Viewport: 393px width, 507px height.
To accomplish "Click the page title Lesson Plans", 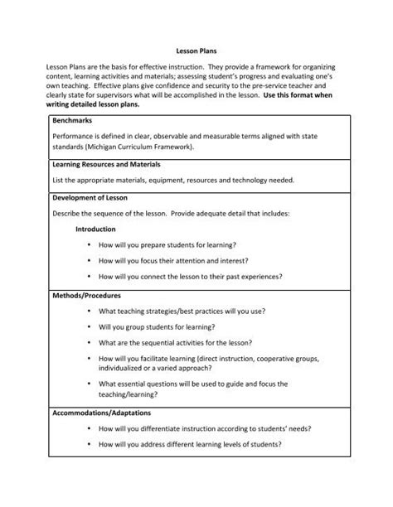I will (196, 50).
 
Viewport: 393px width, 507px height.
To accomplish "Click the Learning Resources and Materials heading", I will (105, 164).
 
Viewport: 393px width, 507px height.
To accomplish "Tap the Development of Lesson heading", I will (88, 198).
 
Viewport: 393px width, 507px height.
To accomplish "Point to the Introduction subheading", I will (96, 229).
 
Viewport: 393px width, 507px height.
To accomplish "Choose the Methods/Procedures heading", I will (86, 294).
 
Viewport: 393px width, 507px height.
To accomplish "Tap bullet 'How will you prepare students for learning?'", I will (167, 245).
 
